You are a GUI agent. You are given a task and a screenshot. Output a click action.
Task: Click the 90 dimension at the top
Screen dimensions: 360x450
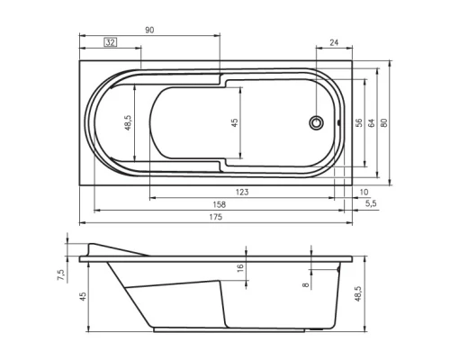[149, 31]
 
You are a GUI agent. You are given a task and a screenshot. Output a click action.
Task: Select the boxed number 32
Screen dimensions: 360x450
[111, 43]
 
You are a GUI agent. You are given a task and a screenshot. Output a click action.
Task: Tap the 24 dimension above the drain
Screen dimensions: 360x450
[334, 42]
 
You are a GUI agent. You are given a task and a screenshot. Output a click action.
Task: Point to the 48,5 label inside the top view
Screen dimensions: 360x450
[129, 121]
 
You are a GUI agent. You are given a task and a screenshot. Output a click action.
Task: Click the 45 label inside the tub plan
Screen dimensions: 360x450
[234, 122]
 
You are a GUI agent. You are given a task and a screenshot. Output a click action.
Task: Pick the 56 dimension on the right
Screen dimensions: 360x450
[358, 122]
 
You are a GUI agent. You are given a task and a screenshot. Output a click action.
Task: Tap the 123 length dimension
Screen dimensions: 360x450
[242, 193]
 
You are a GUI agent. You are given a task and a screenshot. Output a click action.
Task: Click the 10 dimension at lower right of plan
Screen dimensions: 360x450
[364, 193]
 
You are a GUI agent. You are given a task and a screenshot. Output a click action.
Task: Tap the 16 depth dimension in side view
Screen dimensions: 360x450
[240, 268]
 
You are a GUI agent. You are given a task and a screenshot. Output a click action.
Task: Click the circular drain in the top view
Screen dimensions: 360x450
[316, 122]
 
